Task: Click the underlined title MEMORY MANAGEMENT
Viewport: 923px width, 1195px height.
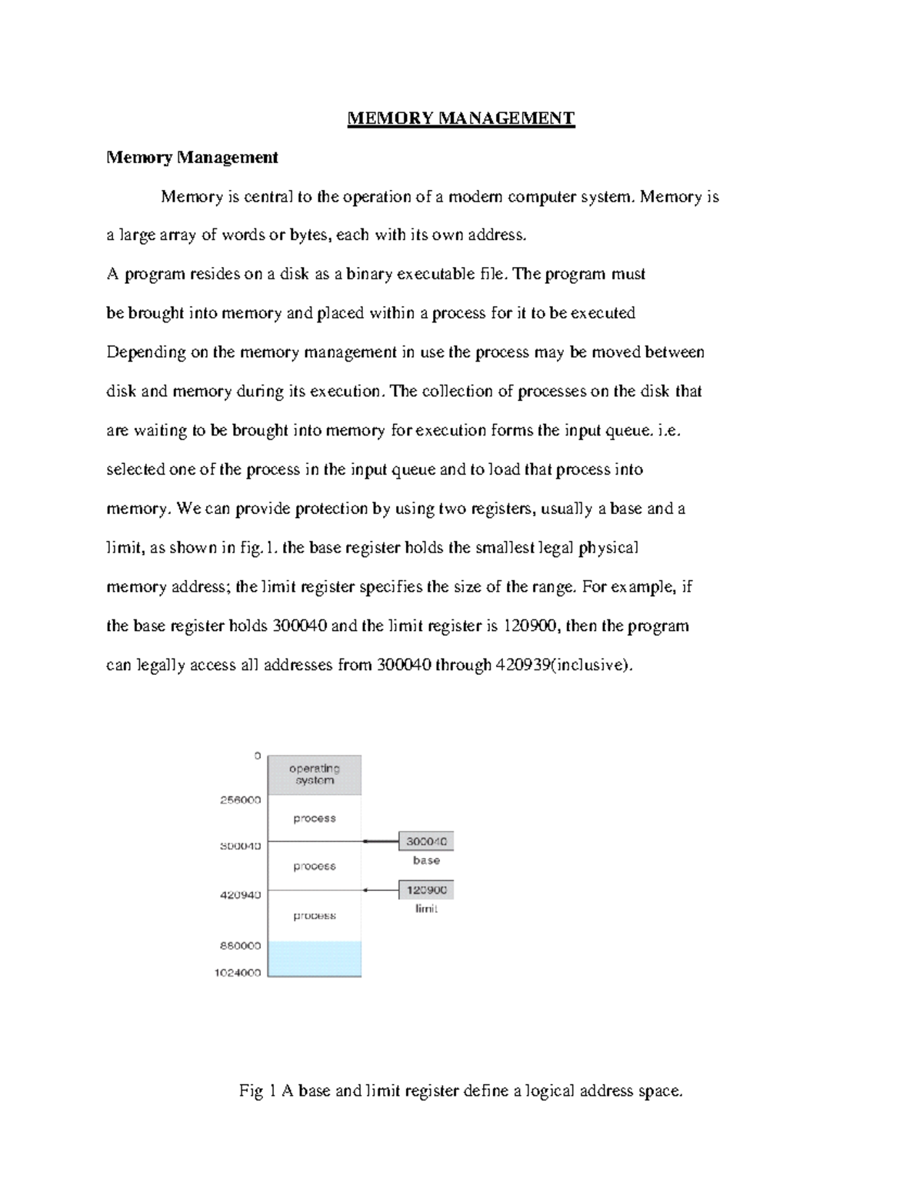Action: click(x=461, y=118)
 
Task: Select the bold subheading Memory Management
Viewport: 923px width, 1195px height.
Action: click(x=192, y=158)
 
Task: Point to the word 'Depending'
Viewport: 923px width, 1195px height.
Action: click(x=146, y=352)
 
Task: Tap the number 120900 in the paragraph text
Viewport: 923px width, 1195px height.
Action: click(x=531, y=626)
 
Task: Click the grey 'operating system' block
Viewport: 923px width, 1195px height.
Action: click(x=314, y=774)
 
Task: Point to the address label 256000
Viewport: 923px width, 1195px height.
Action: click(x=241, y=800)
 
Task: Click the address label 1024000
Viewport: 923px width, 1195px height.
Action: click(x=237, y=973)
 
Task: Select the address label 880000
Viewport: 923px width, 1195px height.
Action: click(x=241, y=946)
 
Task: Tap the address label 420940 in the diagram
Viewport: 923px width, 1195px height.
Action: click(x=241, y=895)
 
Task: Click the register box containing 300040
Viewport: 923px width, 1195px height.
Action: click(x=426, y=841)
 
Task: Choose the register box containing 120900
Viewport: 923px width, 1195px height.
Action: click(x=426, y=890)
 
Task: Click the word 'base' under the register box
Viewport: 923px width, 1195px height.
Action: click(x=426, y=860)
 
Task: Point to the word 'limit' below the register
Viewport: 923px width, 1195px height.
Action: click(x=426, y=909)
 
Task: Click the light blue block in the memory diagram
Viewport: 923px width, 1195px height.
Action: click(x=314, y=959)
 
